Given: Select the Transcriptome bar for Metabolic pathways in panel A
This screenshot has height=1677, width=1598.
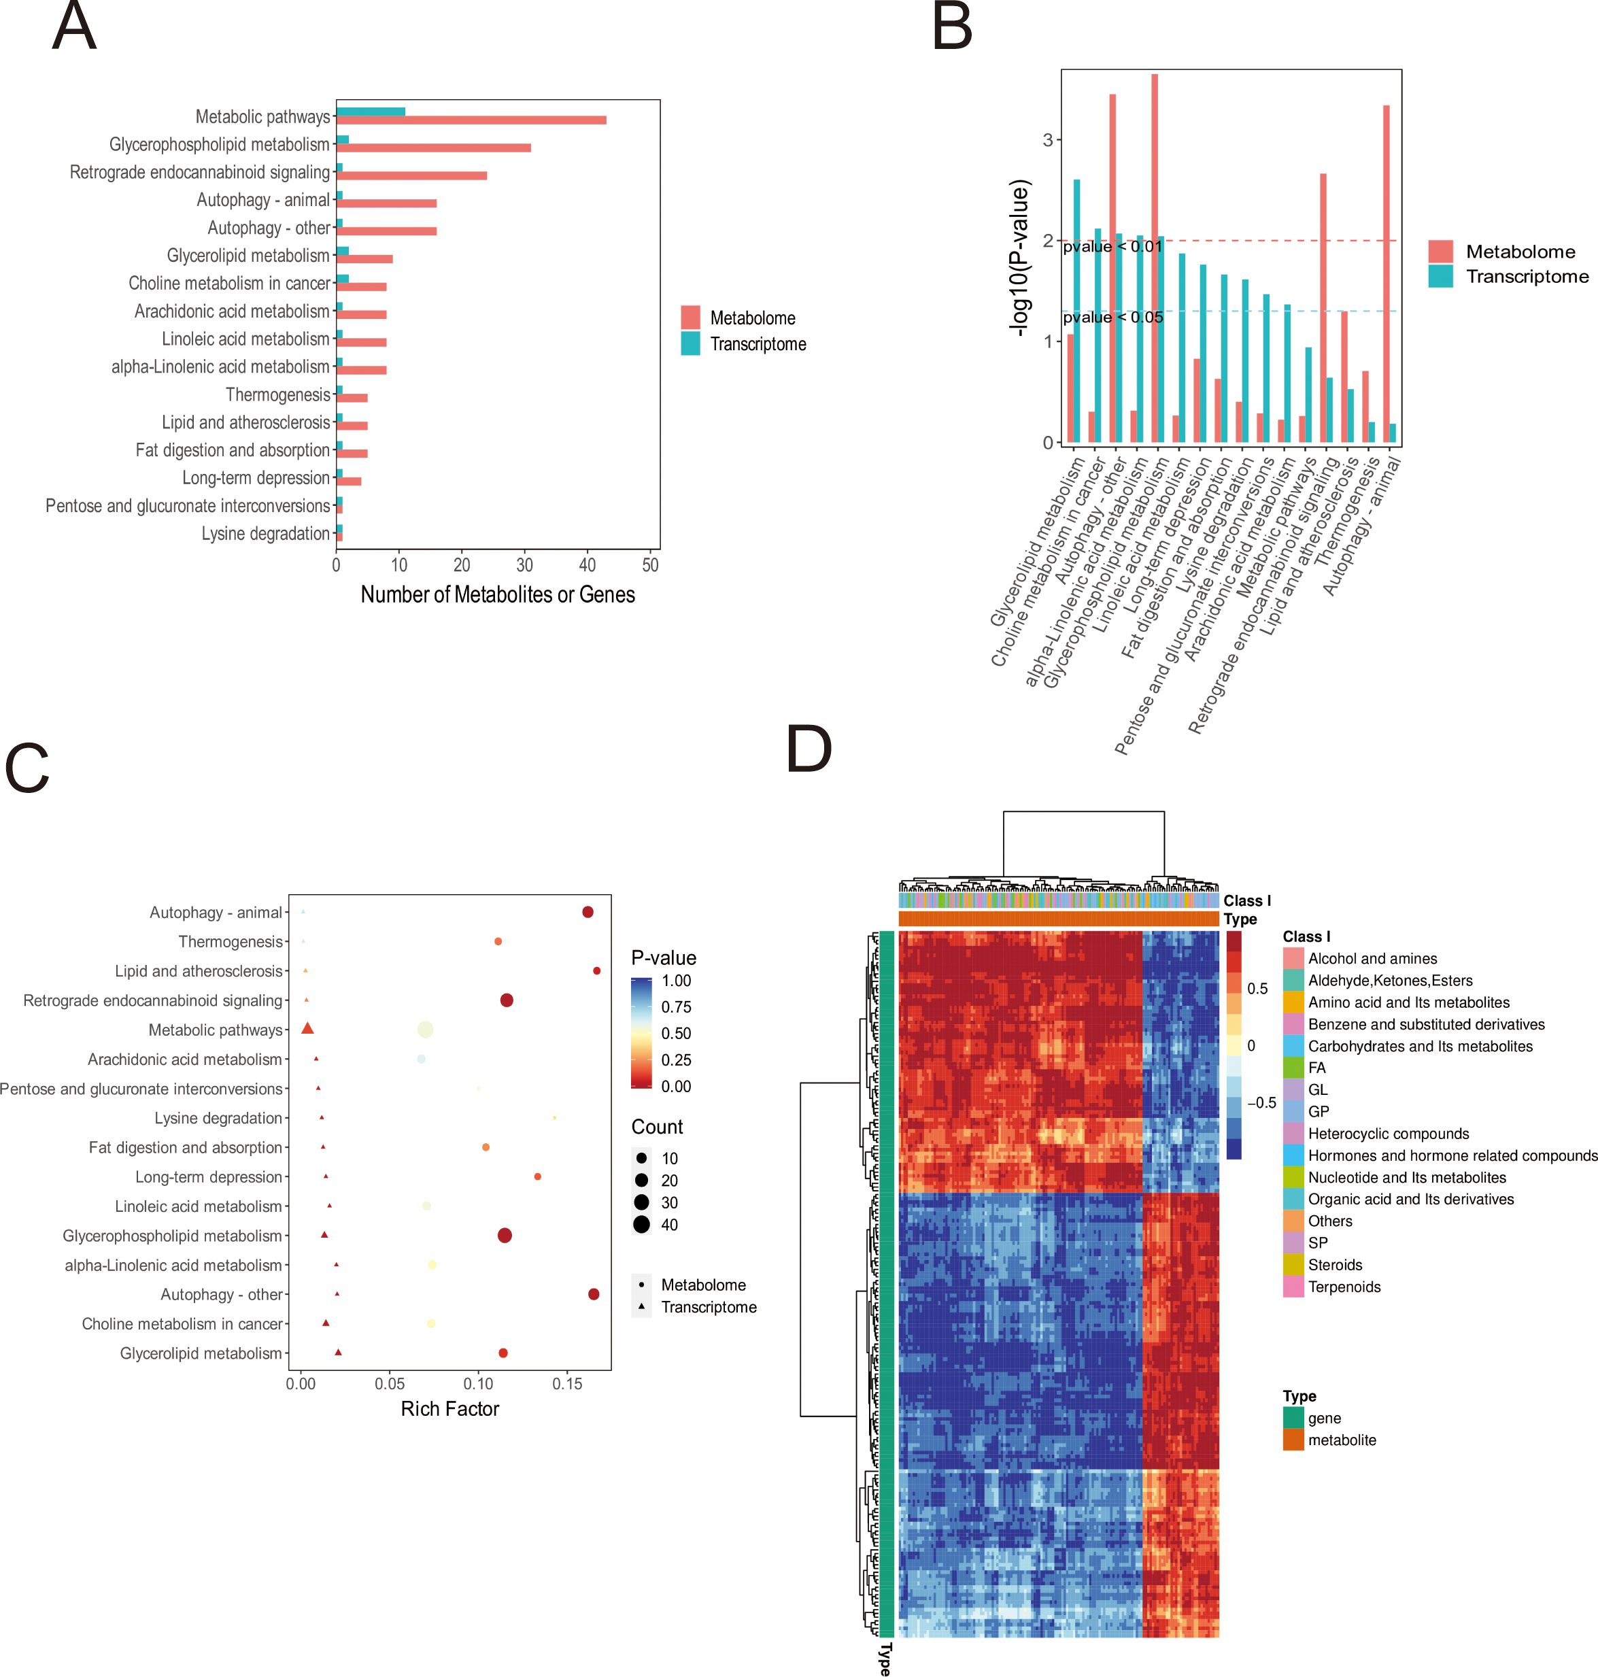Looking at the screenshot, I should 371,112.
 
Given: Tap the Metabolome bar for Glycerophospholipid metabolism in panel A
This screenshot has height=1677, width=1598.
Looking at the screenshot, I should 434,148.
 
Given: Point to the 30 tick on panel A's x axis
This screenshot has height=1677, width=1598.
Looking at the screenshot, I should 525,564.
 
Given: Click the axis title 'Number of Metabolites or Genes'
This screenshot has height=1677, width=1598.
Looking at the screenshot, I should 498,594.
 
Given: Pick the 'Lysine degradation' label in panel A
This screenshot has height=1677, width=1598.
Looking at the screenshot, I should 265,534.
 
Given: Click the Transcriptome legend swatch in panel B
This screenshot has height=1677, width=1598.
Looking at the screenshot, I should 1440,276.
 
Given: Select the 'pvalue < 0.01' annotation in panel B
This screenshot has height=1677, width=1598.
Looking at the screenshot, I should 1112,247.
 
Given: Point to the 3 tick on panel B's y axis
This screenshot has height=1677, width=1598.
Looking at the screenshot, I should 1048,139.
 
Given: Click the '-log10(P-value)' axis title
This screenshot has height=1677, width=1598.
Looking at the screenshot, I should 1019,257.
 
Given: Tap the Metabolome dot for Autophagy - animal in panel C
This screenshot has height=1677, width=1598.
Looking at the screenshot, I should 588,912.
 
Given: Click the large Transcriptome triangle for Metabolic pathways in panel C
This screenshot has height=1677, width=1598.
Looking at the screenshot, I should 307,1029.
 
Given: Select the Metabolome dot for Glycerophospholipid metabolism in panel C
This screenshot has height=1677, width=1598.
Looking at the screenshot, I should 505,1235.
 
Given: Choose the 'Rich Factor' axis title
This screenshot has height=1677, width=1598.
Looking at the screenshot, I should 449,1408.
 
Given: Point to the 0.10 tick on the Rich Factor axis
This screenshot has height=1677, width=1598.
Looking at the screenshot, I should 479,1384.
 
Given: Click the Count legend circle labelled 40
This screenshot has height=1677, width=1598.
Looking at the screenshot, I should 641,1225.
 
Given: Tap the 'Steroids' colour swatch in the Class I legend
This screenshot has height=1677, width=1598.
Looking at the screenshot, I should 1293,1265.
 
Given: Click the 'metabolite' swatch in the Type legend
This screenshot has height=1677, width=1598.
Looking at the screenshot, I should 1293,1440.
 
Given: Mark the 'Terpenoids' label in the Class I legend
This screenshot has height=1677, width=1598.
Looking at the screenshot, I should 1344,1287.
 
